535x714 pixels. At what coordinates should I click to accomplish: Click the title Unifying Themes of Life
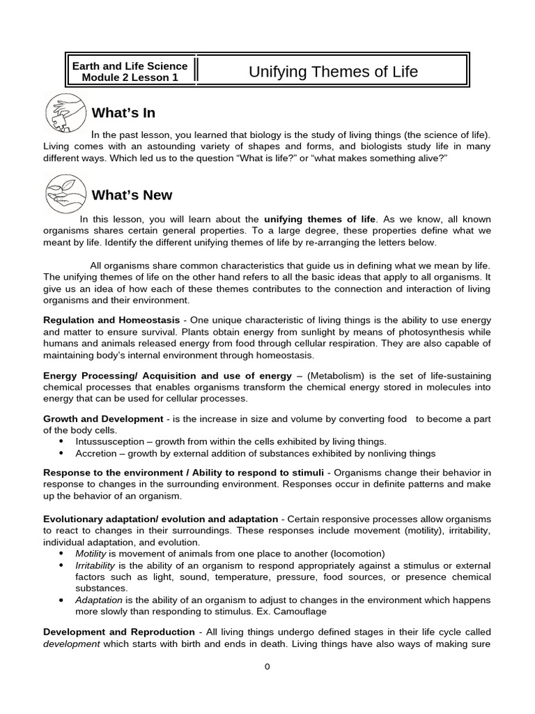coord(333,72)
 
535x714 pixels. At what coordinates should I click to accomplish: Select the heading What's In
coord(123,113)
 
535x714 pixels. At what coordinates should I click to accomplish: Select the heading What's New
coord(132,195)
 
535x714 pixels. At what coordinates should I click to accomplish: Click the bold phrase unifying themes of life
coord(320,219)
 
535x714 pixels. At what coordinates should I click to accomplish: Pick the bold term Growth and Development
coord(103,419)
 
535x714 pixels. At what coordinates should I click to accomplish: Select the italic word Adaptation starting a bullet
coord(99,600)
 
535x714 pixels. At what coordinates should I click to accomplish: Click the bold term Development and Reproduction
coord(119,632)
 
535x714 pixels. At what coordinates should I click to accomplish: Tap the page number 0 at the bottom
coord(267,666)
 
